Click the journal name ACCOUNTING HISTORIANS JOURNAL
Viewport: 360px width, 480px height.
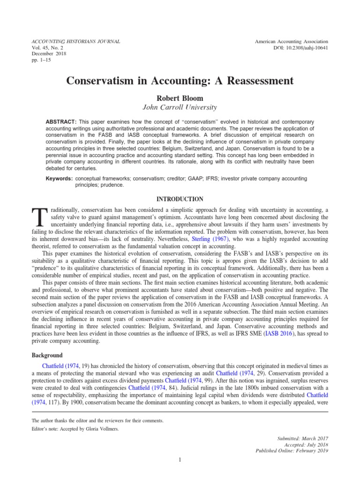(75, 42)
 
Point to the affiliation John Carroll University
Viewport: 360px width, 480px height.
(180, 108)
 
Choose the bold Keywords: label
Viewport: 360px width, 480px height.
(59, 179)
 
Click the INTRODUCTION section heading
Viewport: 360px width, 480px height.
(180, 199)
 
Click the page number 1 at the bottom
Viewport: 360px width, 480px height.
(180, 459)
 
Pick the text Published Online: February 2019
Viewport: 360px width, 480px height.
(292, 451)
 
